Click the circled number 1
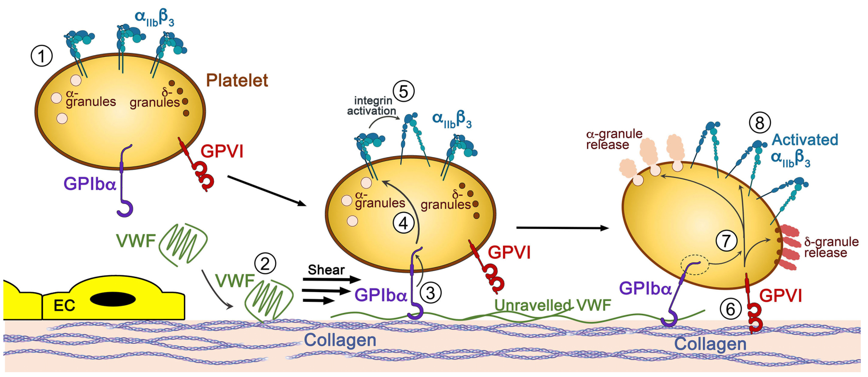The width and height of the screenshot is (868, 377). tap(42, 56)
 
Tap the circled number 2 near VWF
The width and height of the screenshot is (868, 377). tap(265, 263)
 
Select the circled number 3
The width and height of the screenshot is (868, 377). tap(431, 292)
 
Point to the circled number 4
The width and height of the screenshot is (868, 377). tap(404, 223)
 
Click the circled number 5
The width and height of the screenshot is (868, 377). tap(404, 91)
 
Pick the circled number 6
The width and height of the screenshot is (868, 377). tap(730, 309)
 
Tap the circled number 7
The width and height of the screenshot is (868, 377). tap(727, 241)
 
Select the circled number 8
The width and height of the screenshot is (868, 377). tap(759, 123)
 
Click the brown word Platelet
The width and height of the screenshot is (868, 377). tap(237, 81)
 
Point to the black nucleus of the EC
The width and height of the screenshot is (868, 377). tap(112, 299)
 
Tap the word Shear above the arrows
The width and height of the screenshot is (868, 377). tap(326, 270)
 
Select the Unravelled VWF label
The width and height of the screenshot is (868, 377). tap(553, 305)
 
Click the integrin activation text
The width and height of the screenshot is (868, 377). tap(372, 106)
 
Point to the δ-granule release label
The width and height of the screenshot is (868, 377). tap(831, 247)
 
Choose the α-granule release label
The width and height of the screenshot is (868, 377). tap(614, 139)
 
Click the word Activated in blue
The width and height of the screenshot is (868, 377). tap(805, 140)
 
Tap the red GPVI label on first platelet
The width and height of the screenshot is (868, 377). tap(222, 151)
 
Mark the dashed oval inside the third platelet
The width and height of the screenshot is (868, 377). tap(695, 265)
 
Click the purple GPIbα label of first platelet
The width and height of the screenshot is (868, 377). tap(90, 184)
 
